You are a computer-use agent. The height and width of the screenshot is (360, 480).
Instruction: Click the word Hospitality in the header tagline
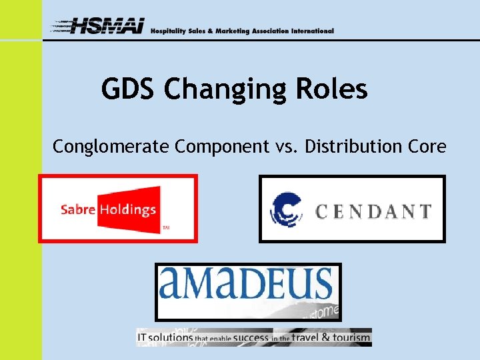tap(169, 31)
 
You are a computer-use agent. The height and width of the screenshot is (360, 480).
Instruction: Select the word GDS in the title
tap(130, 89)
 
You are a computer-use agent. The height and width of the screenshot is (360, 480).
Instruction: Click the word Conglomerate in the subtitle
tap(111, 147)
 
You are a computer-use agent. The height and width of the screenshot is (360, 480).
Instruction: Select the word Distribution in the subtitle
tap(357, 147)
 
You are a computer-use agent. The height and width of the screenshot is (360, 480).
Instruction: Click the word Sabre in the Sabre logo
tap(78, 209)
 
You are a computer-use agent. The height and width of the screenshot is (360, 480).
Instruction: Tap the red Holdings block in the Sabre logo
tap(128, 208)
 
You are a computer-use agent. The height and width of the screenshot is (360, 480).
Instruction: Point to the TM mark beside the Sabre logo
tap(166, 229)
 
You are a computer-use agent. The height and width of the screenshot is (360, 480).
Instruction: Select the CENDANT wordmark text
tap(373, 212)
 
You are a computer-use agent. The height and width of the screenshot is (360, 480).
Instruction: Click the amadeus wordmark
tap(246, 283)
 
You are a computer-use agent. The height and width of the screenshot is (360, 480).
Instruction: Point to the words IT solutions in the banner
tap(164, 338)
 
